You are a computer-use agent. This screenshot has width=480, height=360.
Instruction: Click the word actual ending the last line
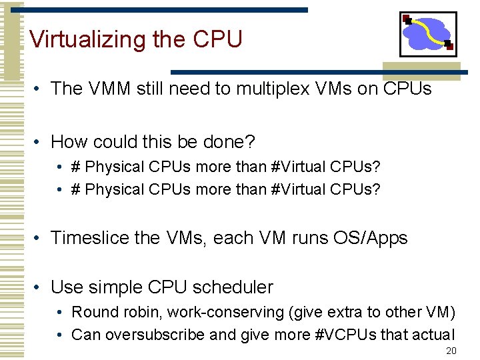431,335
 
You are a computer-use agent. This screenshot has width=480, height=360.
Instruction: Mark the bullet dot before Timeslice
40,238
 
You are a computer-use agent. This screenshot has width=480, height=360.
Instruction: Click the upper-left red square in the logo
407,19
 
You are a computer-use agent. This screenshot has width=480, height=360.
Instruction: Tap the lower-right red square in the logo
449,46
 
